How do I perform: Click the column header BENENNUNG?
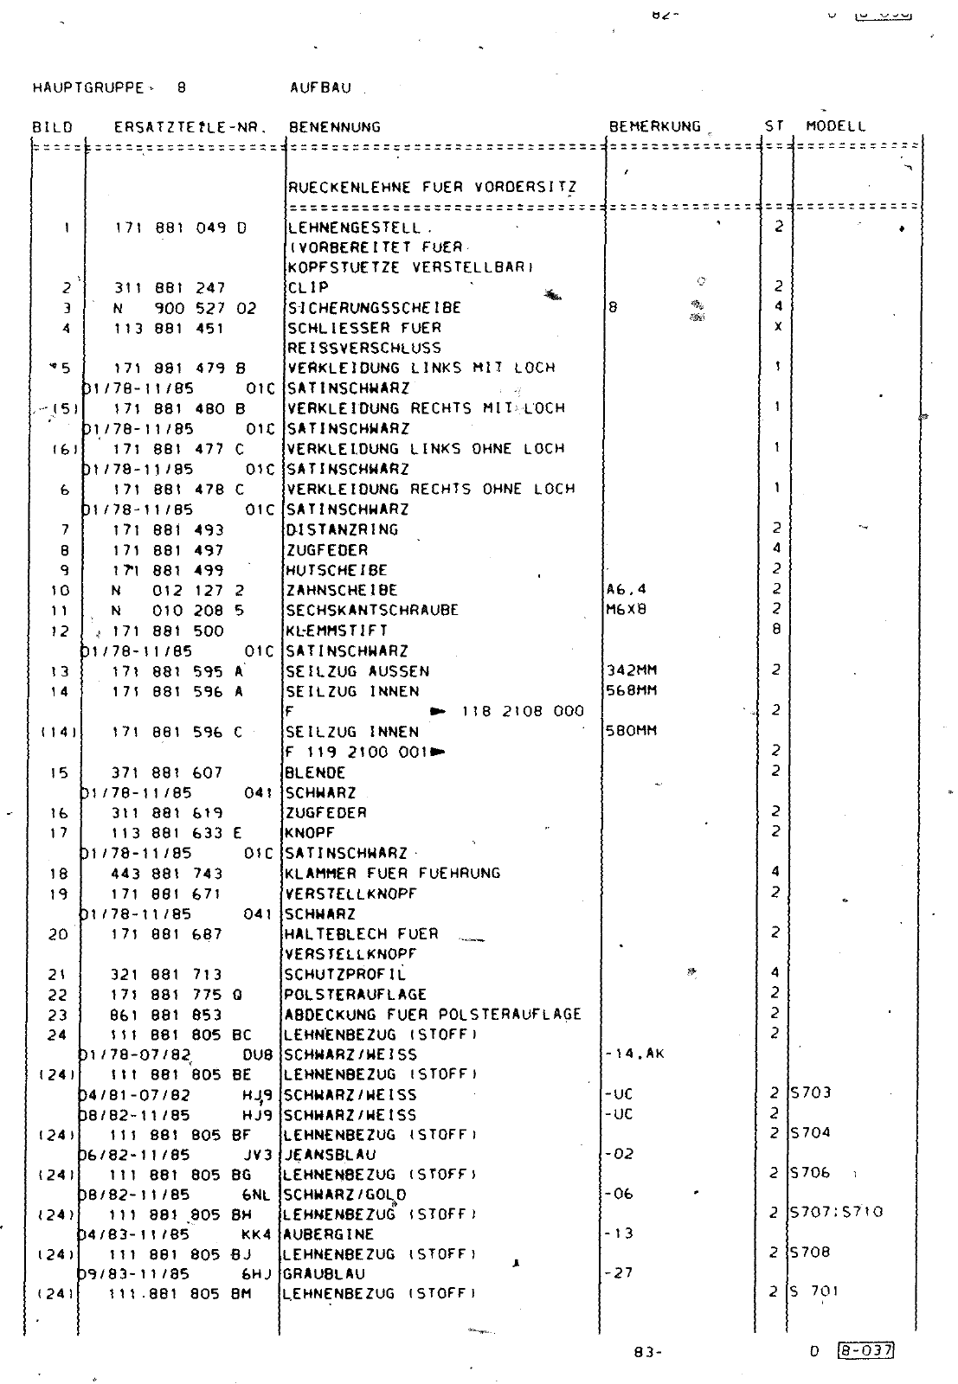[x=334, y=127]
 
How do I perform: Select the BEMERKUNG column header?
[x=654, y=126]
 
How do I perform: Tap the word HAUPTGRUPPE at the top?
[x=87, y=87]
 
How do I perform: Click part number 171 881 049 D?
[x=180, y=228]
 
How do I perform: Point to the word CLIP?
[x=309, y=287]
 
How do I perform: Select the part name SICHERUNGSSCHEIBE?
[x=374, y=308]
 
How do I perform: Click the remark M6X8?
[x=627, y=609]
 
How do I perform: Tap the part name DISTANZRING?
[x=342, y=529]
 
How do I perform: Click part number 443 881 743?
[x=167, y=874]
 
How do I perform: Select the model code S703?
[x=811, y=1092]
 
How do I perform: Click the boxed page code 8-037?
[x=866, y=1351]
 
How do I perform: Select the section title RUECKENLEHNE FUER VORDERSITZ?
[x=432, y=187]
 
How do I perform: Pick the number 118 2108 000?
[x=523, y=711]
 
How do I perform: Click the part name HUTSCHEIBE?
[x=337, y=570]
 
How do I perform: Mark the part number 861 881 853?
[x=166, y=1015]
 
